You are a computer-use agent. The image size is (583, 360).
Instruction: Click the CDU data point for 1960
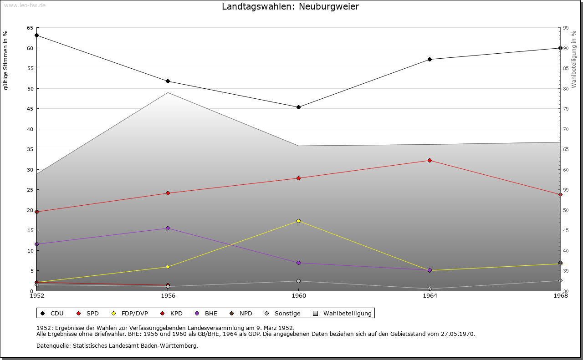(x=298, y=107)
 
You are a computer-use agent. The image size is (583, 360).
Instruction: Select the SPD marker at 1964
(x=430, y=161)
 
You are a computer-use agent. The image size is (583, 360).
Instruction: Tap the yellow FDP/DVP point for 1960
(x=298, y=221)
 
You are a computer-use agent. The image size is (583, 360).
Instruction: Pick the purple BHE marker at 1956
(x=168, y=228)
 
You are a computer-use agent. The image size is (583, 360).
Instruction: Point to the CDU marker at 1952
(x=37, y=35)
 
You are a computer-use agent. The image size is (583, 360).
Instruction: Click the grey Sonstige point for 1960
(x=298, y=281)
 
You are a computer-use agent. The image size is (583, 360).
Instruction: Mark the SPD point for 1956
(x=168, y=193)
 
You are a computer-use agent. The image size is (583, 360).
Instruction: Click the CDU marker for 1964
(x=430, y=59)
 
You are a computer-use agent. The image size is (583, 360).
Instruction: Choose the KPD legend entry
(x=171, y=313)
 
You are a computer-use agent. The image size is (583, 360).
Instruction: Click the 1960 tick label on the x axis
(x=299, y=296)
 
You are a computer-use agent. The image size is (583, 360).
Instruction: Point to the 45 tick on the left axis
(x=30, y=109)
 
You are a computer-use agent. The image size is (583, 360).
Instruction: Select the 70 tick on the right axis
(x=566, y=129)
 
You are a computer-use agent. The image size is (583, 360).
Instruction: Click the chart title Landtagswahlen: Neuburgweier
(x=290, y=6)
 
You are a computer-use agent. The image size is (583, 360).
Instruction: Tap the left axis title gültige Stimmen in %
(x=5, y=61)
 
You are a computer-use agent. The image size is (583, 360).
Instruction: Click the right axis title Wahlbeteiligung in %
(x=574, y=59)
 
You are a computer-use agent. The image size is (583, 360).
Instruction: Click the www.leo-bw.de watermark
(x=25, y=5)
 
